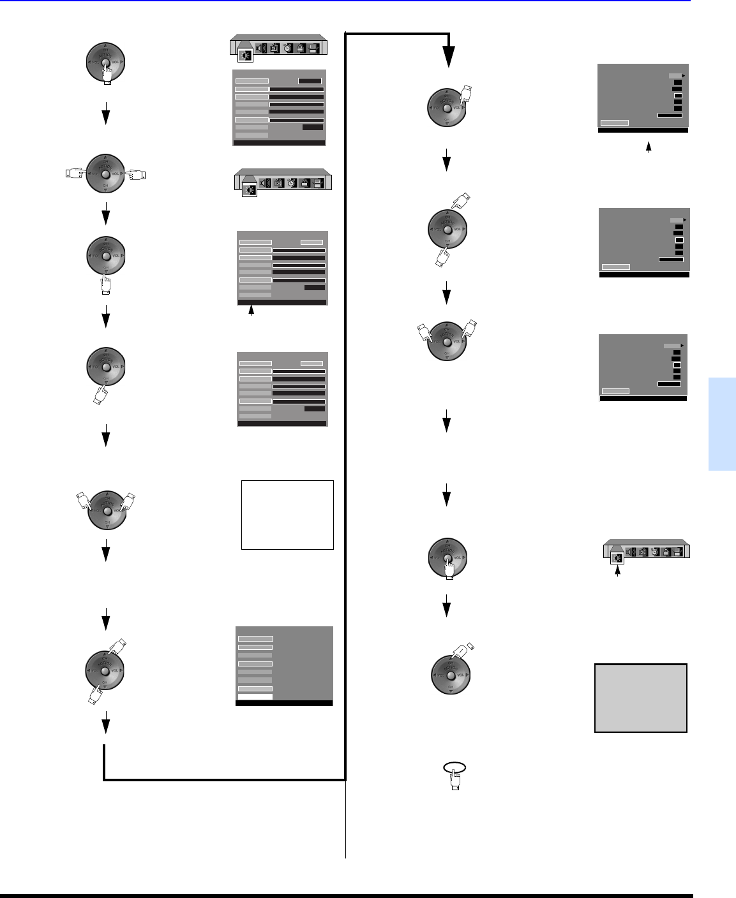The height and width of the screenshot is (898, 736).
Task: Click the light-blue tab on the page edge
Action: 721,424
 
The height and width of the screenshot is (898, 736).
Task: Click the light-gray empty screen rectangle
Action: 641,698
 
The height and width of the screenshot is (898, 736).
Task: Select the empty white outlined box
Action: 287,515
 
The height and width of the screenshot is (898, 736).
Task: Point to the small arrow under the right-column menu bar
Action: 617,571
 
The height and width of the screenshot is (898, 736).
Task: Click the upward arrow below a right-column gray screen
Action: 649,147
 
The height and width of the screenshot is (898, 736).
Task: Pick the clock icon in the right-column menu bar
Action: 654,552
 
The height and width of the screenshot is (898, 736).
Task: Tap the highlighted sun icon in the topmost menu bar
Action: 245,55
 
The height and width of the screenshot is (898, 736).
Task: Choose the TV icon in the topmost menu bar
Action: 274,48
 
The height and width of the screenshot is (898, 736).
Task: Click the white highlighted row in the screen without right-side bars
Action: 255,696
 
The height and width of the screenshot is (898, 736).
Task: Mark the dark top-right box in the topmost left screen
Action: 310,81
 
